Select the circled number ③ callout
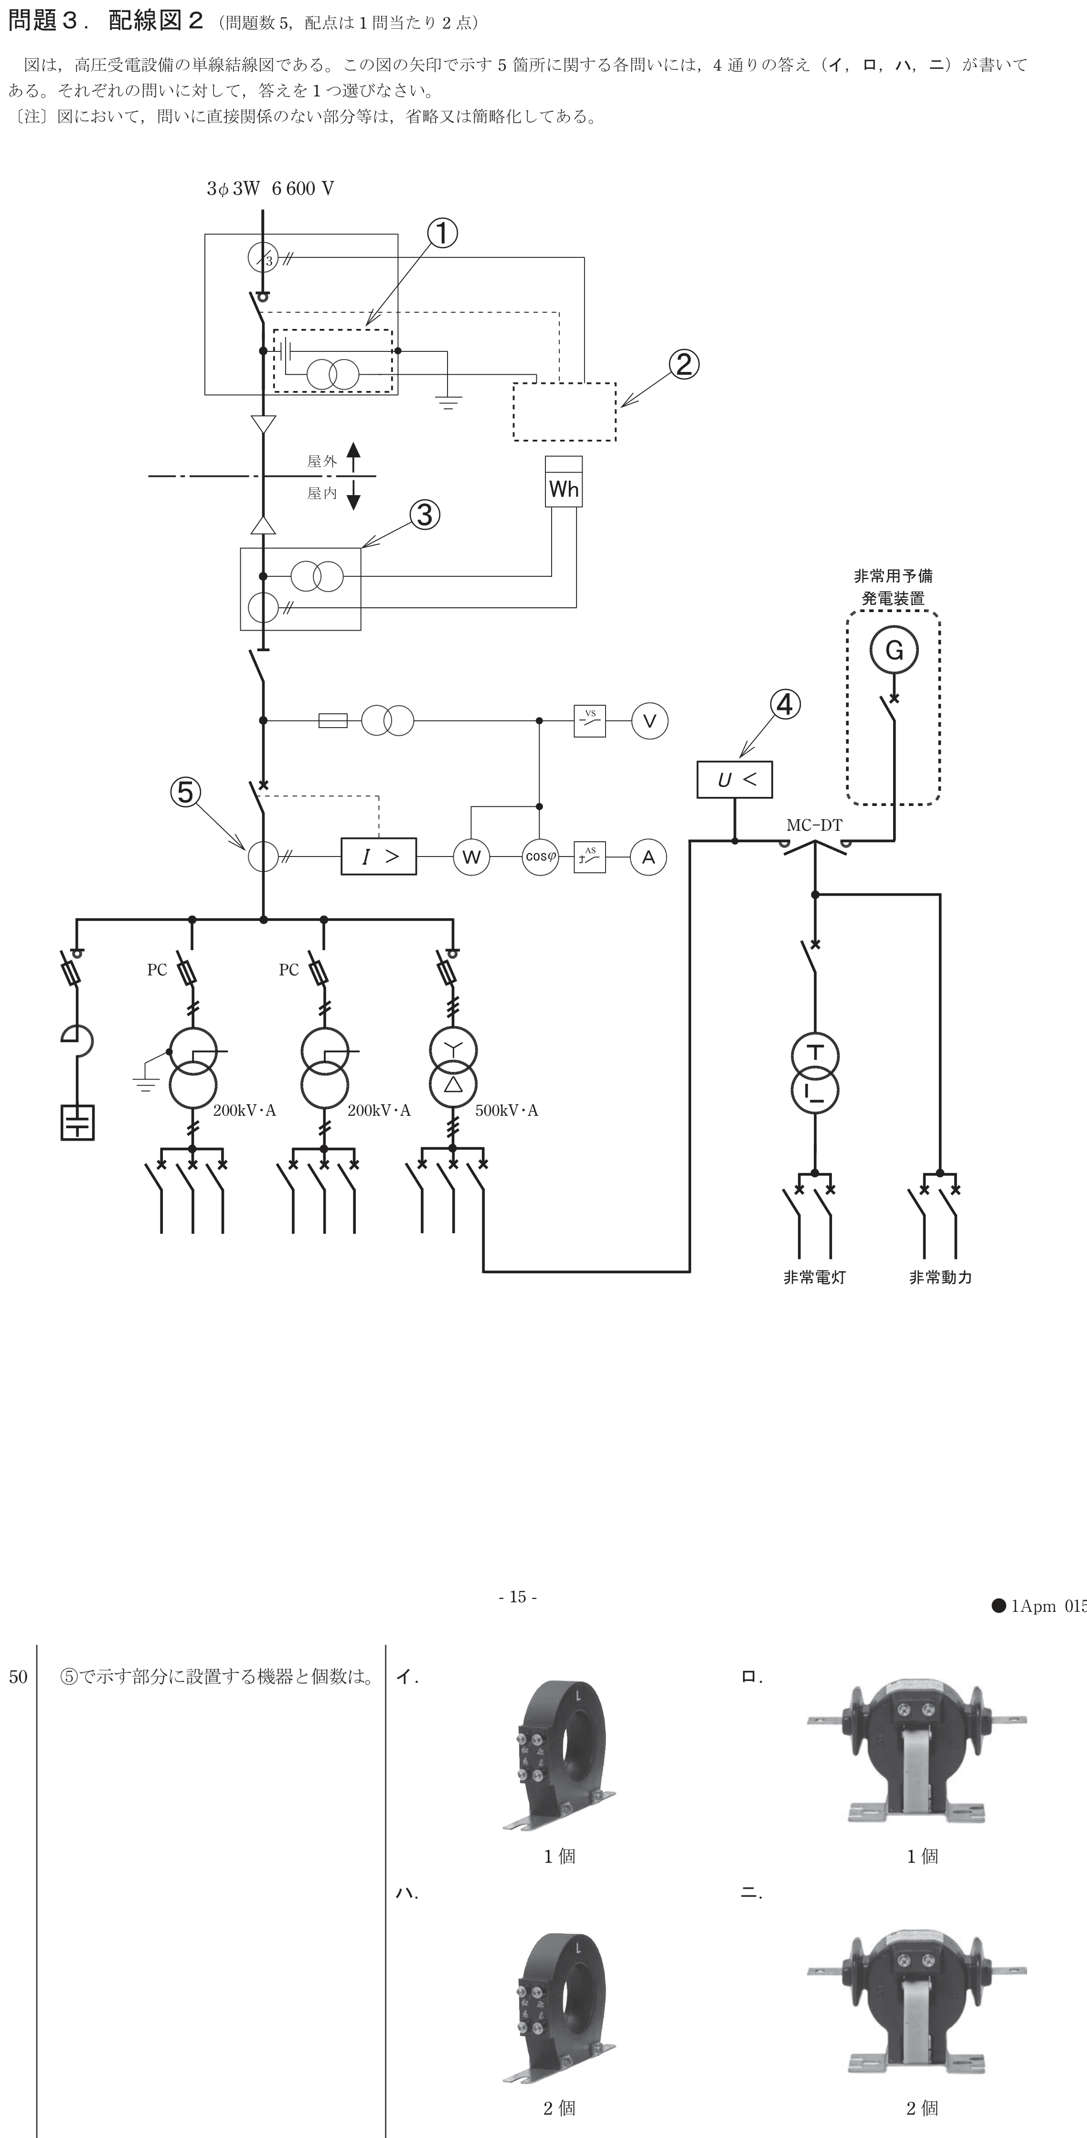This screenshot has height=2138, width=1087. click(x=424, y=515)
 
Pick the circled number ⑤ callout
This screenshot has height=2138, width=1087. click(x=185, y=792)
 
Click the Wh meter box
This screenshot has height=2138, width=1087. click(x=564, y=481)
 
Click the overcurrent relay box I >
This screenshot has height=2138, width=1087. click(x=379, y=857)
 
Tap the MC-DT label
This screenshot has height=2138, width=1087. click(x=814, y=825)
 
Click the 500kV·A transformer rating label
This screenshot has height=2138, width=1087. click(x=507, y=1111)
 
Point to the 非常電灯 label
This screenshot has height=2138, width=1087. click(x=815, y=1277)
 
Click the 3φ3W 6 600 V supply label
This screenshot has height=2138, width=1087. click(x=271, y=189)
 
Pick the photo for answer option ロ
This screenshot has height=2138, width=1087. click(x=917, y=1753)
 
